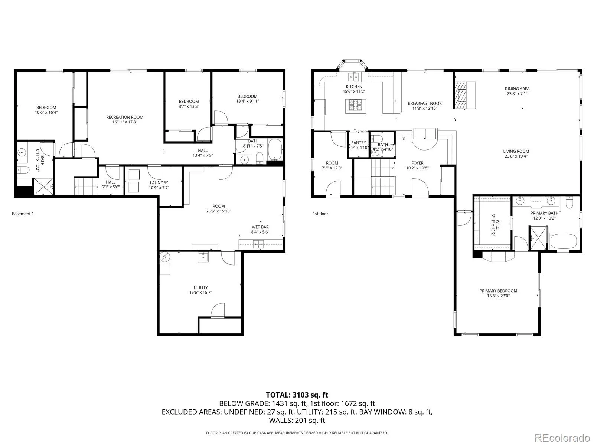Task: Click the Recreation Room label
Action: (125, 117)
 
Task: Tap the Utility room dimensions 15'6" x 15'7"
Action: (200, 293)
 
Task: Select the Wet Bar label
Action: (260, 227)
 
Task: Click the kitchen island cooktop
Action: (354, 108)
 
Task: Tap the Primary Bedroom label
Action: (498, 291)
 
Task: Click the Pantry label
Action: (358, 143)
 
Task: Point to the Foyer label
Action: (417, 163)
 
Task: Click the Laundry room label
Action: (159, 183)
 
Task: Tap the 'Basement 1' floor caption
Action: (23, 214)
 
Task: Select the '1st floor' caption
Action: (320, 214)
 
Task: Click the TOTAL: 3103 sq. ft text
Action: (297, 395)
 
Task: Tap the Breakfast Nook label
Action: (425, 103)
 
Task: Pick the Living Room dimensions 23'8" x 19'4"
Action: (516, 156)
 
